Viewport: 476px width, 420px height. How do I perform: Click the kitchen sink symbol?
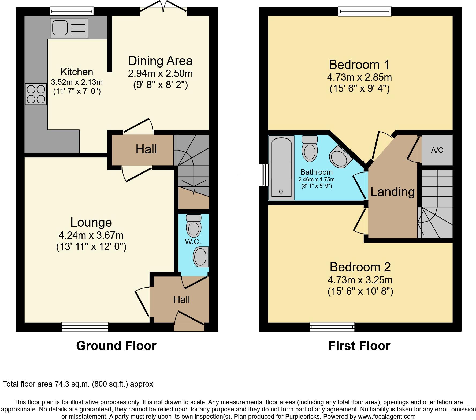click(69, 28)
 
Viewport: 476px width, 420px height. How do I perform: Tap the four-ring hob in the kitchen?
click(36, 94)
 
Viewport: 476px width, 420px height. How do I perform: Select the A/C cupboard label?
click(437, 150)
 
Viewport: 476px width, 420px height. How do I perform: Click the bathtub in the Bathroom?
click(281, 168)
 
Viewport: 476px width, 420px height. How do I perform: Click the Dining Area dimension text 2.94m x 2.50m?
click(160, 73)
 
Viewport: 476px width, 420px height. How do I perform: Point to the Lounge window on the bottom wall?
click(85, 327)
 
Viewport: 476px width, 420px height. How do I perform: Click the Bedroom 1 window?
click(365, 11)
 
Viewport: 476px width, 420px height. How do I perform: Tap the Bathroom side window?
click(264, 175)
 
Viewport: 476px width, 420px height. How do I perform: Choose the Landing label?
click(392, 192)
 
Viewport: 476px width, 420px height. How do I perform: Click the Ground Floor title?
click(116, 346)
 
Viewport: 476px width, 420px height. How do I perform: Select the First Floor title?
click(359, 346)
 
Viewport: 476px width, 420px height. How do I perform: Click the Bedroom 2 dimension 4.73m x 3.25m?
click(360, 280)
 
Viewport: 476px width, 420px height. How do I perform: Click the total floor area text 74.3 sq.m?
click(78, 384)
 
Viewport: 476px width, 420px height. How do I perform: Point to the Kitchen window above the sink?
click(72, 11)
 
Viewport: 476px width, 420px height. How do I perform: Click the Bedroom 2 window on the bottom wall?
click(332, 327)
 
